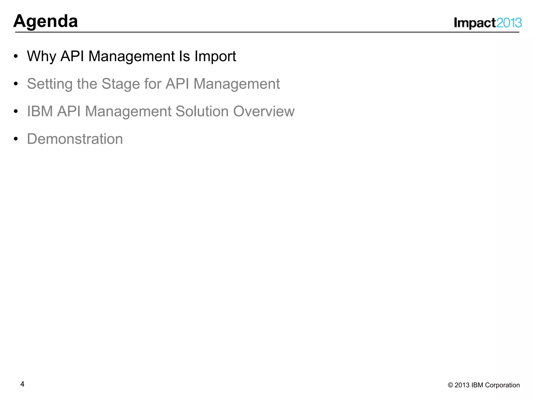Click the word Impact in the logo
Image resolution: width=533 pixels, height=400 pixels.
(475, 23)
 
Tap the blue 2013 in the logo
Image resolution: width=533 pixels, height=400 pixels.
(509, 23)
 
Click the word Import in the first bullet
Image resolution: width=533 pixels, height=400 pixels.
(215, 57)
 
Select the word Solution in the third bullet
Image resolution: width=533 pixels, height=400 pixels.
(202, 111)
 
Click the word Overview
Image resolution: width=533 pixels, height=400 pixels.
(264, 111)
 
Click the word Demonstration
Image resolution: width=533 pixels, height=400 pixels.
(75, 139)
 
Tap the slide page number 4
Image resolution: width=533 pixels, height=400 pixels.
(22, 384)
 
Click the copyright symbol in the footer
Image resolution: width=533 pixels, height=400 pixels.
(450, 385)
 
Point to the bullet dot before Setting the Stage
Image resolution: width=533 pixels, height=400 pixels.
(16, 84)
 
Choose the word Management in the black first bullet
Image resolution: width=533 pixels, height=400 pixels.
(132, 57)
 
